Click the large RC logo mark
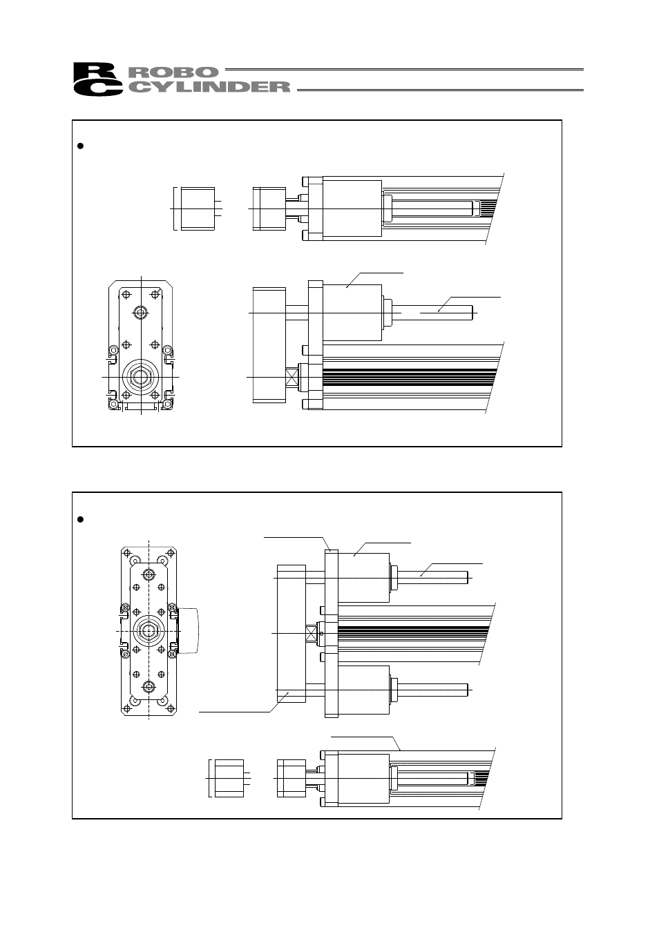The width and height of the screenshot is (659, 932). click(x=97, y=79)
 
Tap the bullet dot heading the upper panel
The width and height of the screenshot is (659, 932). click(x=80, y=146)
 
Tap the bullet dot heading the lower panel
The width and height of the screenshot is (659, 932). click(x=80, y=518)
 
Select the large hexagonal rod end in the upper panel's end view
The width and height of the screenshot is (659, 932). click(x=141, y=377)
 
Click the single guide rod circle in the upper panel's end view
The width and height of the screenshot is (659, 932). click(x=141, y=312)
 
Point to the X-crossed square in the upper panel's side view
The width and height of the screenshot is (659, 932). click(x=292, y=377)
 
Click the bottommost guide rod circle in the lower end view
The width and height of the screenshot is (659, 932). click(x=149, y=686)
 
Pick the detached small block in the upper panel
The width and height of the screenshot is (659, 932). click(x=197, y=208)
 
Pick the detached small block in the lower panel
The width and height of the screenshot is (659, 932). click(x=229, y=778)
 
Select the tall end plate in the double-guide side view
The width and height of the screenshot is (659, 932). click(x=290, y=632)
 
